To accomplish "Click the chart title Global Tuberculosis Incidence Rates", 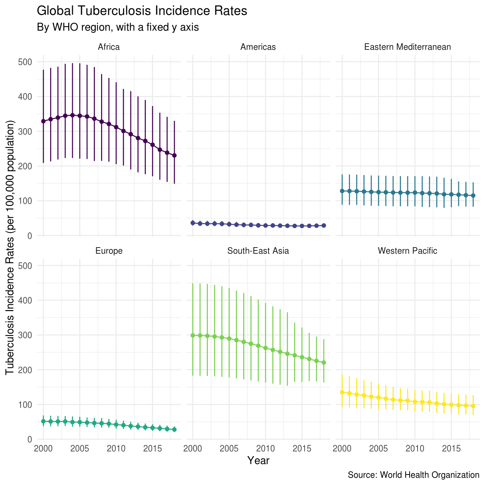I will coord(142,11).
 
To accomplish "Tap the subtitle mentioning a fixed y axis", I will coord(118,27).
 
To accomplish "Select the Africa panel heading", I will coord(109,47).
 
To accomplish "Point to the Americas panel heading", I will coord(258,47).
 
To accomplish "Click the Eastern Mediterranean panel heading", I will coord(407,47).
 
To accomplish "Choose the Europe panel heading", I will coord(109,251).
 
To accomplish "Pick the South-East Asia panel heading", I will coord(258,251).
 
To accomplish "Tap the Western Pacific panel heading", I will coord(407,251).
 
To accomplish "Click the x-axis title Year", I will coord(258,460).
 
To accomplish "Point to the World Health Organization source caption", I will coord(413,475).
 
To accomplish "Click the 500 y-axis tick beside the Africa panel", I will coord(25,62).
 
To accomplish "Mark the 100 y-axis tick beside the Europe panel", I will coord(25,405).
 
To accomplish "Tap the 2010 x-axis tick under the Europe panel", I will coord(116,449).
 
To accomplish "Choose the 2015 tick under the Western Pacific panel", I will coord(451,449).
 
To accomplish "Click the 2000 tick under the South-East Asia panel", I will coord(193,449).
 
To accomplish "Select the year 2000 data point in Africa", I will coord(43,121).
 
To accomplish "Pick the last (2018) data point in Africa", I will coord(174,156).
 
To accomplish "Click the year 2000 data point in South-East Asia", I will coord(193,335).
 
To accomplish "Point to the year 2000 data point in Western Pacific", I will coord(342,392).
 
